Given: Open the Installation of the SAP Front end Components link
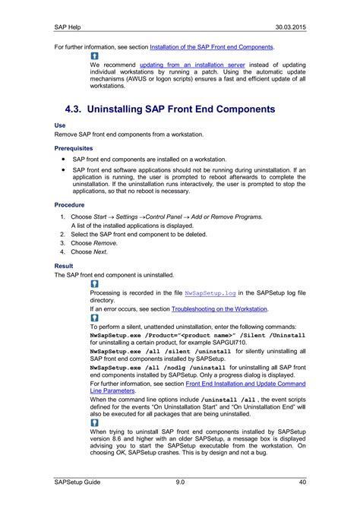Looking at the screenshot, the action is [212, 47].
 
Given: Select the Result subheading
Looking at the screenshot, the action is [64, 266].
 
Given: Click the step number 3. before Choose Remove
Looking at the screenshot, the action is [64, 243].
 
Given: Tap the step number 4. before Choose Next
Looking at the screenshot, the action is [64, 251].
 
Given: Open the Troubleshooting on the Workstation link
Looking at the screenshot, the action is [219, 309].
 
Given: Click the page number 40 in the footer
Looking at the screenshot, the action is [302, 482].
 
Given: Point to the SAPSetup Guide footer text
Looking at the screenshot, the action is [77, 482].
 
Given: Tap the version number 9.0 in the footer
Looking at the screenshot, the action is [180, 482].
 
